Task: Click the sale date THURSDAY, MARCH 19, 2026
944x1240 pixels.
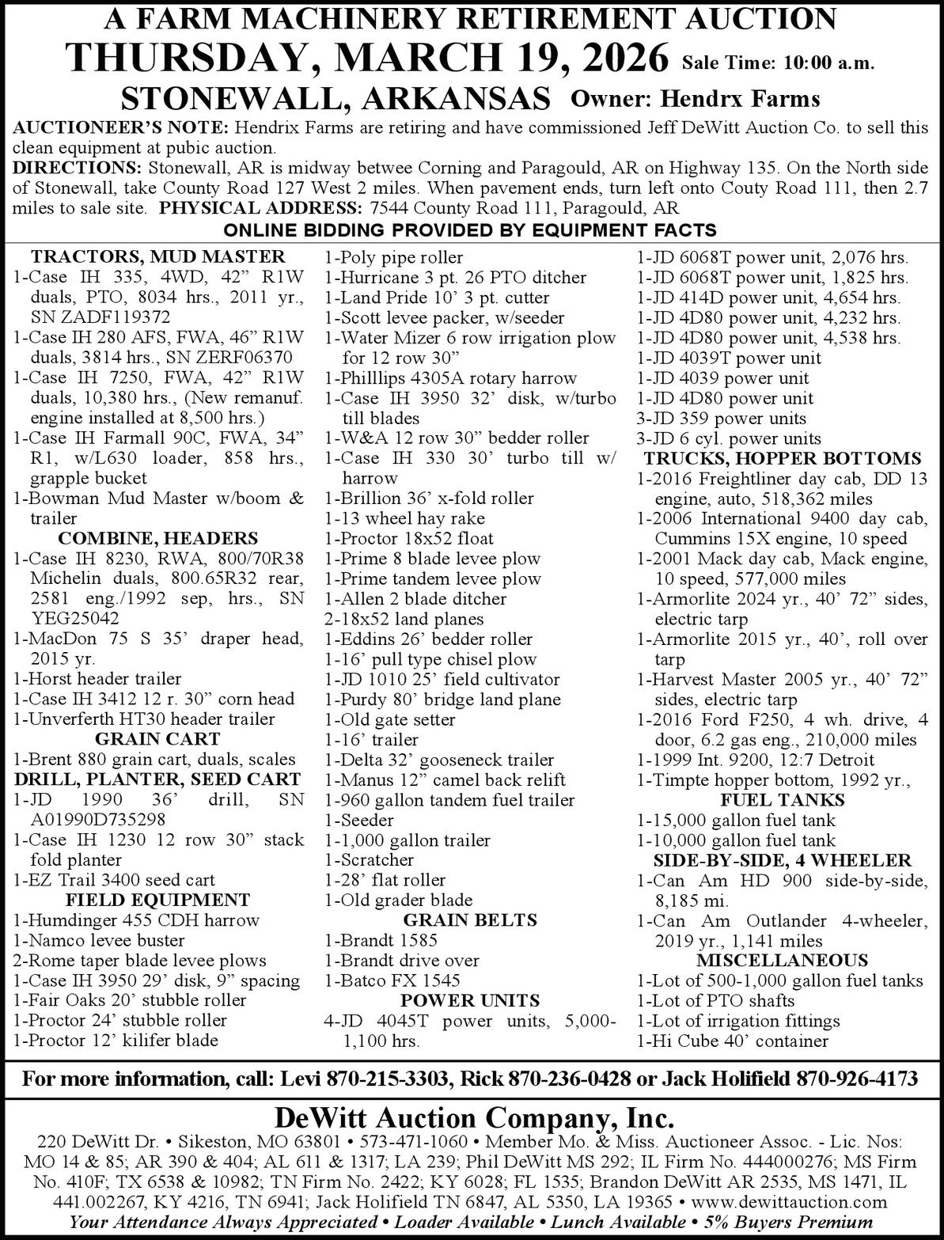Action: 368,58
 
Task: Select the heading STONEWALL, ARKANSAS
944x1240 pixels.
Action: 336,98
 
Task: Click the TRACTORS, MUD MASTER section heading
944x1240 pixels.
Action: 158,256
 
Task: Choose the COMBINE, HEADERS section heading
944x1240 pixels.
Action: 158,539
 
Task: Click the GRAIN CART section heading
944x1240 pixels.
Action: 157,739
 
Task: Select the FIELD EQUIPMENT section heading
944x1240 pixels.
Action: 157,900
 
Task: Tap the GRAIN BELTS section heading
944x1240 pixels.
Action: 470,920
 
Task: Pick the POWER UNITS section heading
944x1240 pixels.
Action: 470,1000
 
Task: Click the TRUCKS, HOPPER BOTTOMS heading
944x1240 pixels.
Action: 783,459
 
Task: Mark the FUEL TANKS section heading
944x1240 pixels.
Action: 783,800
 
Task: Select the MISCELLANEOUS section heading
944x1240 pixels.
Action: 783,961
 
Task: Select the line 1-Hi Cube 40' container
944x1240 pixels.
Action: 733,1041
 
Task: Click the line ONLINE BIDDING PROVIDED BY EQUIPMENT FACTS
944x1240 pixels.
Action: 471,230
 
